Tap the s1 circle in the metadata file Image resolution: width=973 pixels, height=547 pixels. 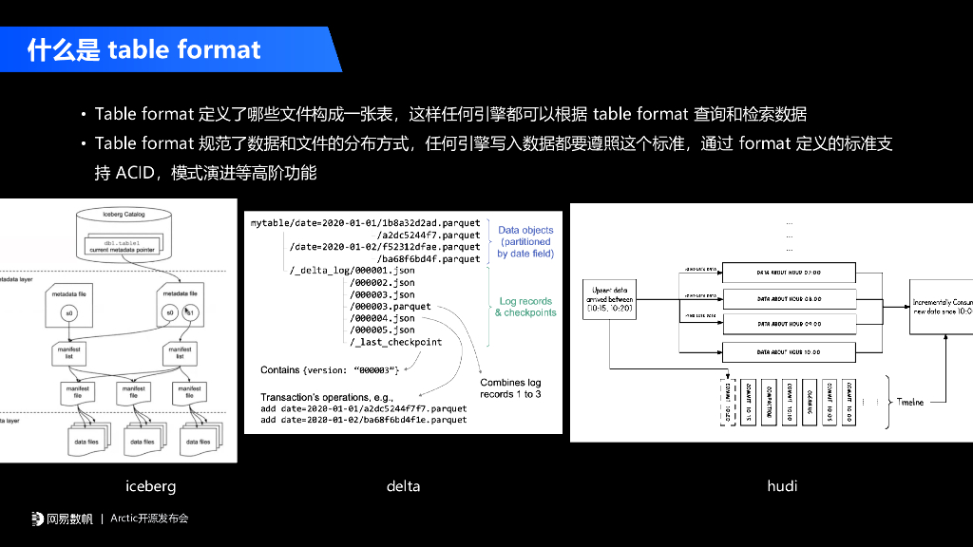(x=190, y=311)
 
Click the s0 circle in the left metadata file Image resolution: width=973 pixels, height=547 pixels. (x=68, y=311)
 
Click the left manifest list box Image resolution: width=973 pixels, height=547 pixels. (x=68, y=354)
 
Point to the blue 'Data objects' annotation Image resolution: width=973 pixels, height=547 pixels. (x=525, y=230)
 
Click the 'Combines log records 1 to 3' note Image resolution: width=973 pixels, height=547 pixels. (x=510, y=387)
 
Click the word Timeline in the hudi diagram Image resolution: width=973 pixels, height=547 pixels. (x=910, y=402)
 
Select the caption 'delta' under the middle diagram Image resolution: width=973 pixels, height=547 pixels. (x=403, y=486)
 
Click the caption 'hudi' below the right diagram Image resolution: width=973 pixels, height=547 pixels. (x=782, y=486)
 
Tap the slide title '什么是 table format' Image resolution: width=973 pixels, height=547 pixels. (x=143, y=49)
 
